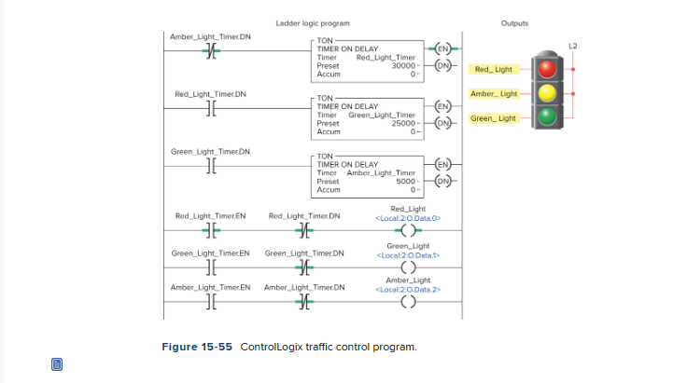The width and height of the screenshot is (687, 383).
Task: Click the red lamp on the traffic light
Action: pyautogui.click(x=548, y=68)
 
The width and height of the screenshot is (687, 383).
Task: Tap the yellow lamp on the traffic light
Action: pyautogui.click(x=548, y=92)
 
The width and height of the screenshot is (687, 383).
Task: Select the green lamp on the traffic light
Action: pyautogui.click(x=548, y=116)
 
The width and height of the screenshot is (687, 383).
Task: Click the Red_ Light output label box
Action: pyautogui.click(x=493, y=70)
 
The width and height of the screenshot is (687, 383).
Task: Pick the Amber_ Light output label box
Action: pyautogui.click(x=493, y=94)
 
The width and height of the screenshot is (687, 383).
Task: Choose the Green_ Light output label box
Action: pyautogui.click(x=493, y=118)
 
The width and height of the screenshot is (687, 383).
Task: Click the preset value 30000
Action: pyautogui.click(x=402, y=65)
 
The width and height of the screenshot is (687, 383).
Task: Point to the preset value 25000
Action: pyautogui.click(x=402, y=122)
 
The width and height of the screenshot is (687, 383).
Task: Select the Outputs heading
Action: pyautogui.click(x=514, y=22)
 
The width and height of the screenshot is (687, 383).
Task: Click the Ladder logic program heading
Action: pyautogui.click(x=313, y=22)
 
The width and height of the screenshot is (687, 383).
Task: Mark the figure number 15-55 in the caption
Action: pyautogui.click(x=213, y=348)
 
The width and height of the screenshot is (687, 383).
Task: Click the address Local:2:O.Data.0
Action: pyautogui.click(x=407, y=218)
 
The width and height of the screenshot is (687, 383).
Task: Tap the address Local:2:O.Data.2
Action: pyautogui.click(x=407, y=289)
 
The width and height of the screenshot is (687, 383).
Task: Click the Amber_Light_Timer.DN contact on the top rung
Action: pyautogui.click(x=210, y=50)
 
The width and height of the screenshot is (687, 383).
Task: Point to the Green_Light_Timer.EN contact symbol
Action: pyautogui.click(x=210, y=267)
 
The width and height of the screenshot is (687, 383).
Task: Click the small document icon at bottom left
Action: pyautogui.click(x=56, y=363)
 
